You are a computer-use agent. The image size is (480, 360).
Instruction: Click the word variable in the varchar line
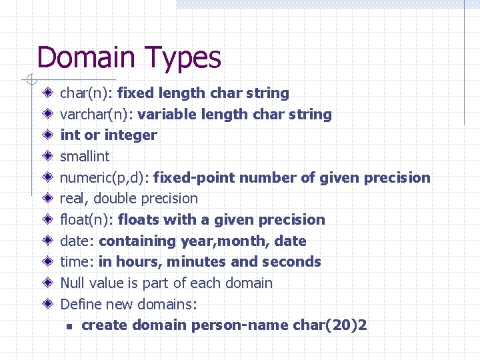click(167, 115)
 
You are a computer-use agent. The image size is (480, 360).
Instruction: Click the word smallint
click(85, 156)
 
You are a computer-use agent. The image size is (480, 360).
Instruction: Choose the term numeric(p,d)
click(105, 178)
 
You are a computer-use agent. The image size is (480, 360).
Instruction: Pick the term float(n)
click(87, 220)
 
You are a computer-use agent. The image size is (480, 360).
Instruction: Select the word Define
click(80, 305)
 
